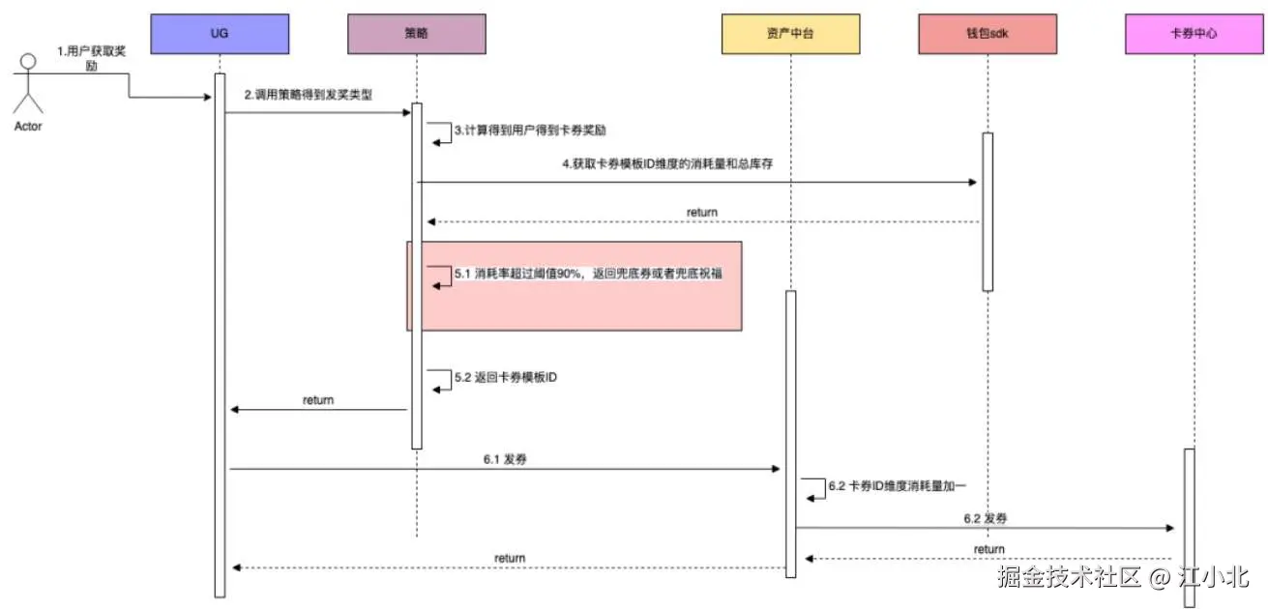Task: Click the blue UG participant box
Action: pyautogui.click(x=220, y=33)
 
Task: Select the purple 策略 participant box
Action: pyautogui.click(x=416, y=33)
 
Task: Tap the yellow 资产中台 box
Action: pyautogui.click(x=790, y=33)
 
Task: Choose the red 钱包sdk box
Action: pyautogui.click(x=988, y=33)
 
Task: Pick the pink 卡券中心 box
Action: pyautogui.click(x=1194, y=33)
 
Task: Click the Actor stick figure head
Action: pyautogui.click(x=28, y=62)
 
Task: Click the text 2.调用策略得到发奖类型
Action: pyautogui.click(x=308, y=95)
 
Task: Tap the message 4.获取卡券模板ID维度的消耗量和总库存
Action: pyautogui.click(x=674, y=164)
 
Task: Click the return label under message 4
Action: pyautogui.click(x=702, y=212)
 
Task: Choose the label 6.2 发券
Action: pyautogui.click(x=985, y=518)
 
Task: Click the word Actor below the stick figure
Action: pyautogui.click(x=28, y=126)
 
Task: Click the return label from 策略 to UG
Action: pyautogui.click(x=318, y=399)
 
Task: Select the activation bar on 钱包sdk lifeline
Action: pyautogui.click(x=988, y=211)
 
